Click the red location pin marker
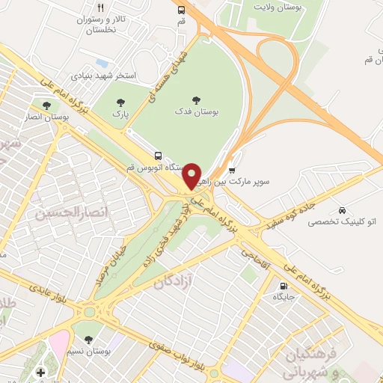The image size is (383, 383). [x=193, y=175]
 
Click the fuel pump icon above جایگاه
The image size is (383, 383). [x=284, y=286]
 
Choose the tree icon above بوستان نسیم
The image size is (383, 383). [x=89, y=340]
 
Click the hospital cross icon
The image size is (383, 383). [x=40, y=372]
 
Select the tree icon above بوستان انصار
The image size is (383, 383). [x=47, y=105]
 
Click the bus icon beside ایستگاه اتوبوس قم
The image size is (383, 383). [x=158, y=156]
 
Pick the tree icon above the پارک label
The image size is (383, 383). [x=120, y=102]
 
